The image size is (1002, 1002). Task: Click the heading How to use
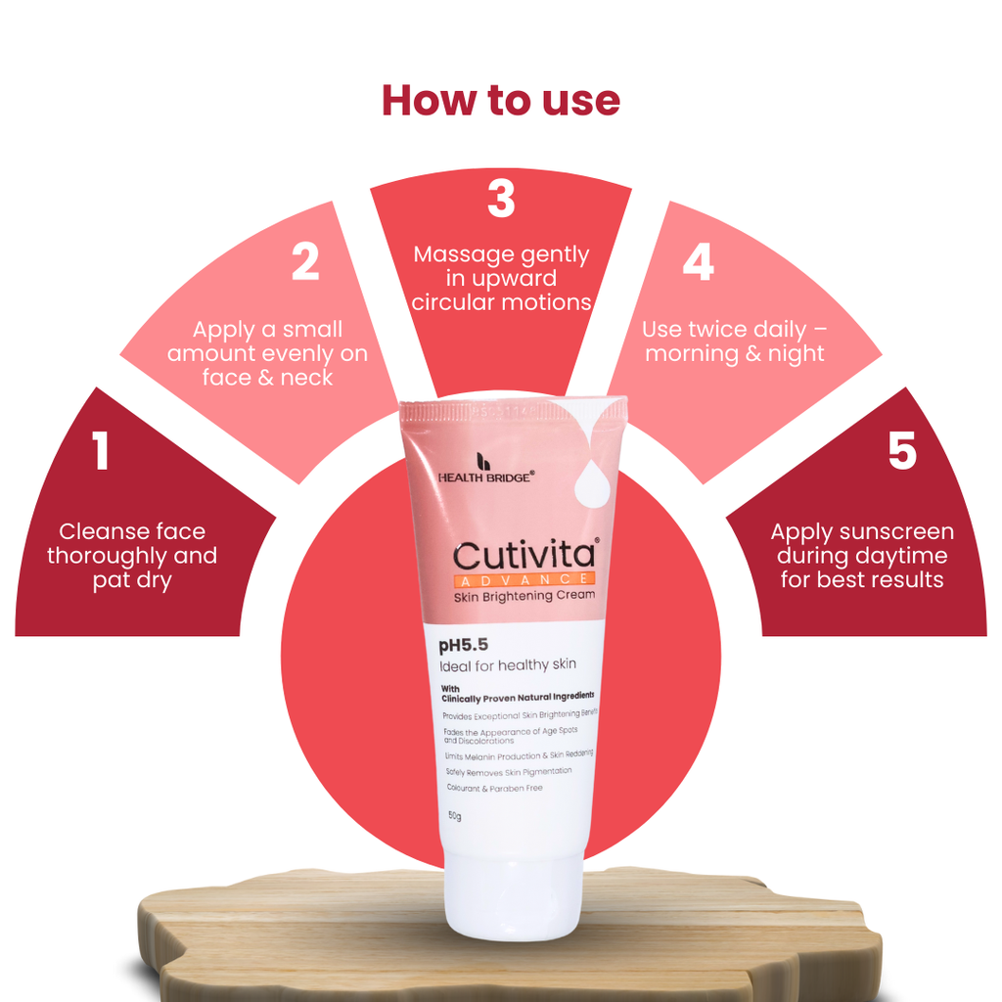501,101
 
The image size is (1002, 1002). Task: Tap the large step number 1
100,450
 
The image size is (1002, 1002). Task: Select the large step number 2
305,261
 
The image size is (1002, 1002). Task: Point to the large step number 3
501,198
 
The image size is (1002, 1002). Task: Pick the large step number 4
698,261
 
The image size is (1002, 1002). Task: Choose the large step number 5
902,450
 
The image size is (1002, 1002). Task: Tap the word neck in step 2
306,378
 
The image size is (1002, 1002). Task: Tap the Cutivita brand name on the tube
524,555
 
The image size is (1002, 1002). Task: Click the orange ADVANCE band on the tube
524,579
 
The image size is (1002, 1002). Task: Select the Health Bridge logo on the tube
485,469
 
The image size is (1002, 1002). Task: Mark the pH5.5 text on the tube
463,646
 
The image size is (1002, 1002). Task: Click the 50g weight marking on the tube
454,816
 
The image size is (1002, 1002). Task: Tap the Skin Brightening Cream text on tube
524,596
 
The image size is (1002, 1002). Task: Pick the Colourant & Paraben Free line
494,789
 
